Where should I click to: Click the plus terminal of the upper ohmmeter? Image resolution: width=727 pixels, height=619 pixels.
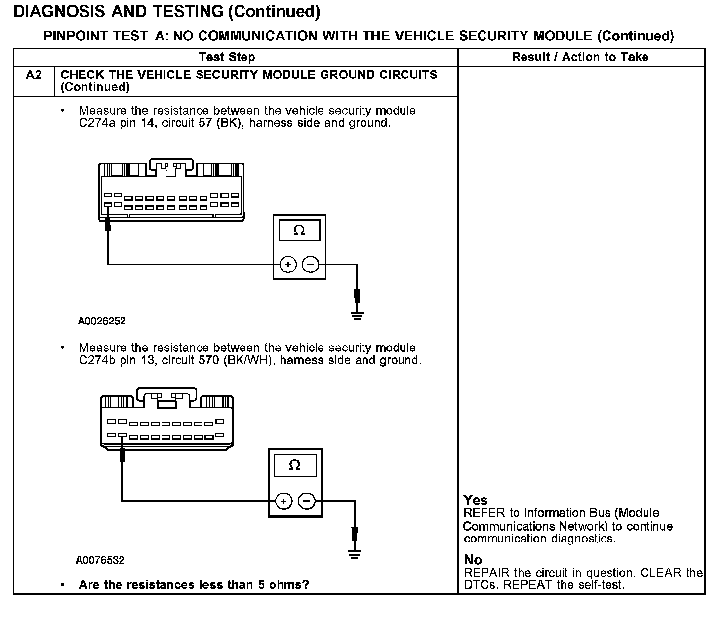coord(288,265)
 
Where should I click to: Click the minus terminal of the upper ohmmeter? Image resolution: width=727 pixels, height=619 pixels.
coord(310,265)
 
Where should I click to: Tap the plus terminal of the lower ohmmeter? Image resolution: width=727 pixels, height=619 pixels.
coord(283,502)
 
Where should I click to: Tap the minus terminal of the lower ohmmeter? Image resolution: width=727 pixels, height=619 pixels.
coord(306,502)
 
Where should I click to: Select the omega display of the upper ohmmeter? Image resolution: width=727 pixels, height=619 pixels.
coord(299,231)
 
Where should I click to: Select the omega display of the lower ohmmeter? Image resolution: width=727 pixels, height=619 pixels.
coord(295,465)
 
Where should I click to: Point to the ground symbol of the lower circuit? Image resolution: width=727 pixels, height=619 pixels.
coord(354,554)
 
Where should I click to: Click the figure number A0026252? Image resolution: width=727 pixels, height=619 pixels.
coord(102,321)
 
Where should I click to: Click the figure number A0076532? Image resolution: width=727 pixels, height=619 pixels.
coord(100,560)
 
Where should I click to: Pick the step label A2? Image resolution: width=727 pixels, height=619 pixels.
coord(34,75)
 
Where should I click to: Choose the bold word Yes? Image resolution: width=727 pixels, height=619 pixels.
coord(476,500)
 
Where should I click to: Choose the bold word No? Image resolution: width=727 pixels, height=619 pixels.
coord(473,560)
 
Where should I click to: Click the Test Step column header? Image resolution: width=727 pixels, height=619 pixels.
coord(227,57)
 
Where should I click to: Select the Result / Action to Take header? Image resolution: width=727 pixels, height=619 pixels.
coord(580,57)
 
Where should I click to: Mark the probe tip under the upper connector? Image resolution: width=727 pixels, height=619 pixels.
coord(108,225)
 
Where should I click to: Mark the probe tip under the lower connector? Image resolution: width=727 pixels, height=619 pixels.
coord(122,455)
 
